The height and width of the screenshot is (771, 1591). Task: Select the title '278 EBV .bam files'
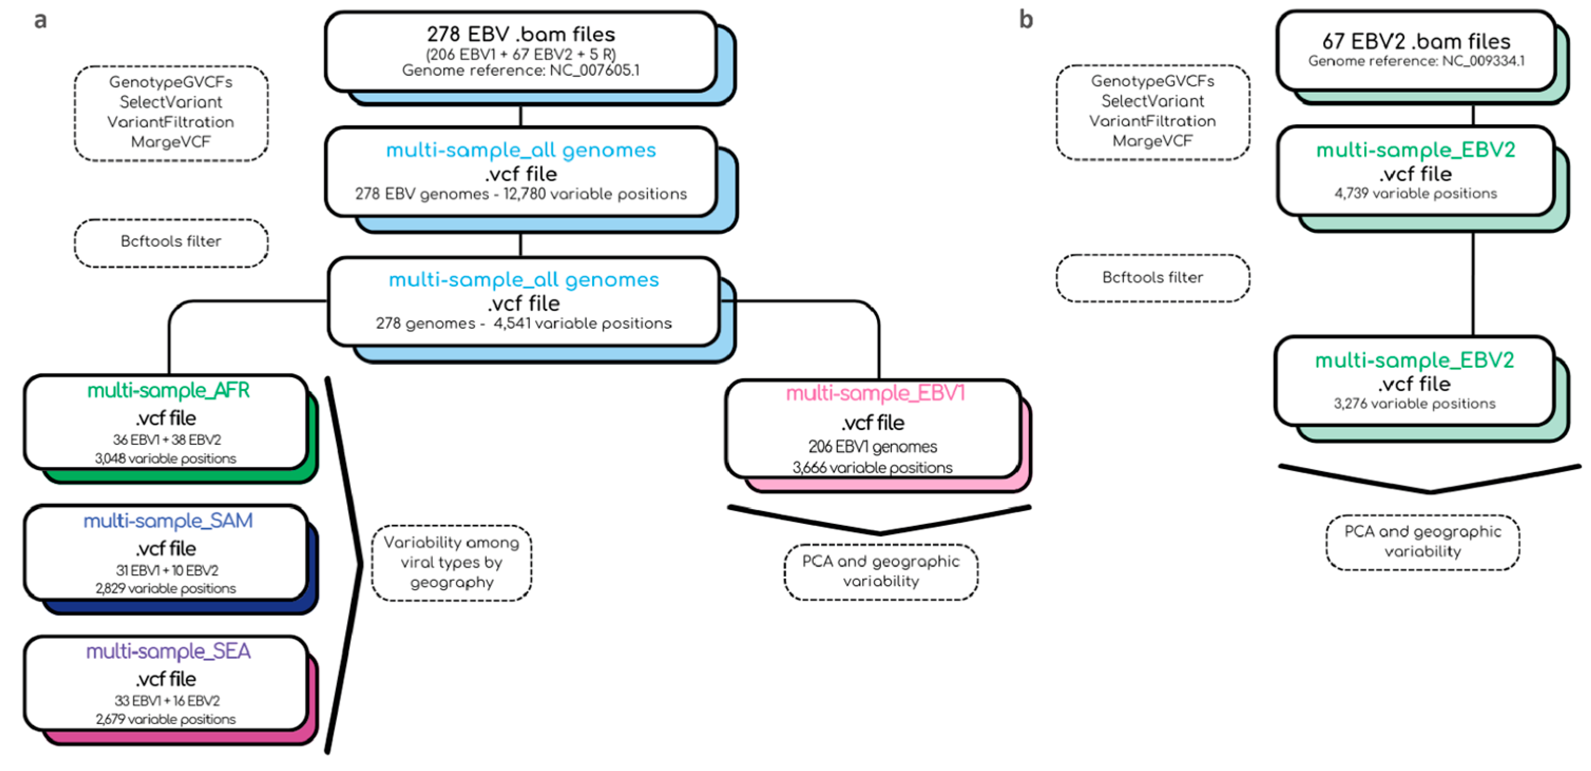[x=520, y=34]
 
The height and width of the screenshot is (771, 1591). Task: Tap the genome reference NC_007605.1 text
[x=520, y=71]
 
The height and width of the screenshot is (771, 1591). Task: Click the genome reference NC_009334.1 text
[x=1415, y=61]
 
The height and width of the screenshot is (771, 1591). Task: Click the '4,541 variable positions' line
[x=582, y=324]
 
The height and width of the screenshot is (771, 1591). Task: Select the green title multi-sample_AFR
[x=168, y=390]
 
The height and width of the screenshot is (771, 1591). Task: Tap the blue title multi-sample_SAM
[x=168, y=520]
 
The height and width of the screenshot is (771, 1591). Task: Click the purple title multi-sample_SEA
[x=168, y=651]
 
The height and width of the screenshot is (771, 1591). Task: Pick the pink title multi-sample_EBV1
[x=874, y=393]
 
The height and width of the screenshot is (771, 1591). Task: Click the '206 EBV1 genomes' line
[x=872, y=446]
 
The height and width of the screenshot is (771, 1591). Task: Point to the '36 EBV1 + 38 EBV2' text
[x=167, y=440]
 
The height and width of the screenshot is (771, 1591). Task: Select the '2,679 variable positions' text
[x=166, y=719]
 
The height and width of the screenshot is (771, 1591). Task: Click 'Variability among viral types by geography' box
[x=451, y=562]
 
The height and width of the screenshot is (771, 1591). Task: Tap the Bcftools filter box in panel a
[x=171, y=242]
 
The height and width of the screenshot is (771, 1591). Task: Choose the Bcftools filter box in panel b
[x=1152, y=278]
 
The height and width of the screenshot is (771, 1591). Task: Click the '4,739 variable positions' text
[x=1415, y=194]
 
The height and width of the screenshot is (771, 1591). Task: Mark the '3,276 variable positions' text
[x=1414, y=404]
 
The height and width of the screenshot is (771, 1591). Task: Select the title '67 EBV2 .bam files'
[x=1415, y=41]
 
